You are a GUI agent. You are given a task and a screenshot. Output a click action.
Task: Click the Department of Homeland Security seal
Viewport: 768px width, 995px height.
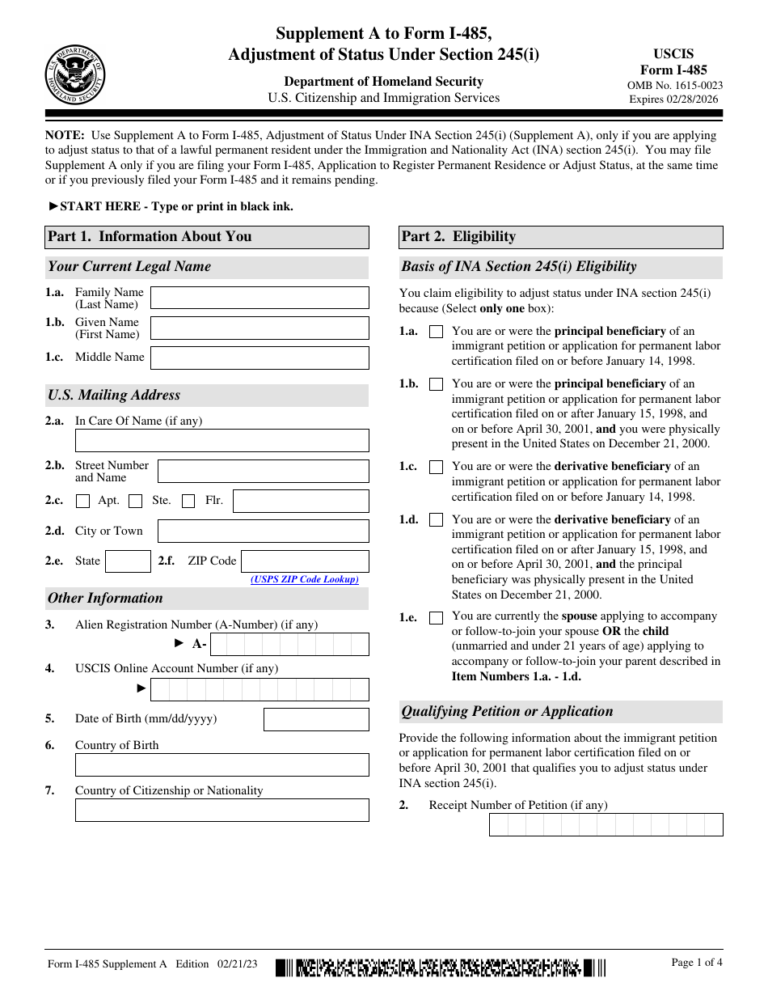75,75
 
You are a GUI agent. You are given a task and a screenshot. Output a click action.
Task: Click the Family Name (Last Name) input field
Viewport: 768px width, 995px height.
260,298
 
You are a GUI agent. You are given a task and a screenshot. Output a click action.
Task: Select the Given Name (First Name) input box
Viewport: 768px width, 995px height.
260,328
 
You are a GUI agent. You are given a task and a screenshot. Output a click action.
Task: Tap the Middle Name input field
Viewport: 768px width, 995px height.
260,358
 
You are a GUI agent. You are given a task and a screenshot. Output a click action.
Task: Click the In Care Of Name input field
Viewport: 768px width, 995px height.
222,440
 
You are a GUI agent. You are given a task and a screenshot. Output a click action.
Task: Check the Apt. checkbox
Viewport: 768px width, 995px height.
82,501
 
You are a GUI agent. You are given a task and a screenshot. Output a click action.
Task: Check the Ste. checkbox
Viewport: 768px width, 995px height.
136,501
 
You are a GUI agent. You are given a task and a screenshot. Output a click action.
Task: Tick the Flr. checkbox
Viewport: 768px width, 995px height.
188,501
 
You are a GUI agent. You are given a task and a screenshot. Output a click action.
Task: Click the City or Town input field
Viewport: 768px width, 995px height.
263,531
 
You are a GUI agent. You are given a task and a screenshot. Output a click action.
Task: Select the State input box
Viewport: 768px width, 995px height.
128,561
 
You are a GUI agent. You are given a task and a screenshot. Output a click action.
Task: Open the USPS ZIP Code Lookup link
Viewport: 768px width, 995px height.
304,579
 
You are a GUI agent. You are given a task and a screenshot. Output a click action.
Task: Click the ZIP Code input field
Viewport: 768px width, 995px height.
305,561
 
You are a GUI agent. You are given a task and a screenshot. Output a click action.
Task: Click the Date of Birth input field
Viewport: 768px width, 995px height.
316,719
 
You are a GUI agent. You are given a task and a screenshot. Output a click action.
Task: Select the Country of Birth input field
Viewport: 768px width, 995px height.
222,764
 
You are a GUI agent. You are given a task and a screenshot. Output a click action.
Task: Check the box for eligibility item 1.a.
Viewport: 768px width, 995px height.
436,332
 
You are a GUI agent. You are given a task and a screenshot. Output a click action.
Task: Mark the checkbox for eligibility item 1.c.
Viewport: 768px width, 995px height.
436,467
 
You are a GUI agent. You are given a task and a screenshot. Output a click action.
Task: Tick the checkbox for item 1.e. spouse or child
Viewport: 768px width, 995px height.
436,618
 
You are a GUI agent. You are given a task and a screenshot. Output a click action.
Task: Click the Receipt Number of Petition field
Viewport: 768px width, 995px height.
606,824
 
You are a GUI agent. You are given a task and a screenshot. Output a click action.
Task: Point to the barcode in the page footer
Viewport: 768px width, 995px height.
441,967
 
